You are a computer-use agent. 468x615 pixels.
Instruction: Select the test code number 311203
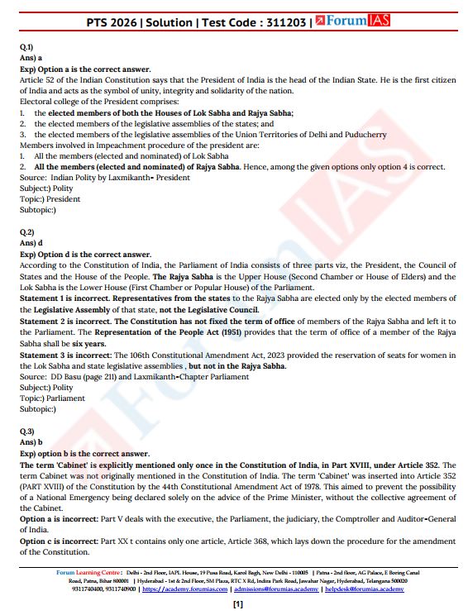tap(282, 19)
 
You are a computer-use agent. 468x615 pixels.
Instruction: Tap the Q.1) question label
tap(26, 48)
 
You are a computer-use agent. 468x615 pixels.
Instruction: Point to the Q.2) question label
tap(26, 232)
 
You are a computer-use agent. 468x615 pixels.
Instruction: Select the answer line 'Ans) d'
tap(33, 243)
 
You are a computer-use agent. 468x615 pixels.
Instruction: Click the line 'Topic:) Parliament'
tap(52, 398)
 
